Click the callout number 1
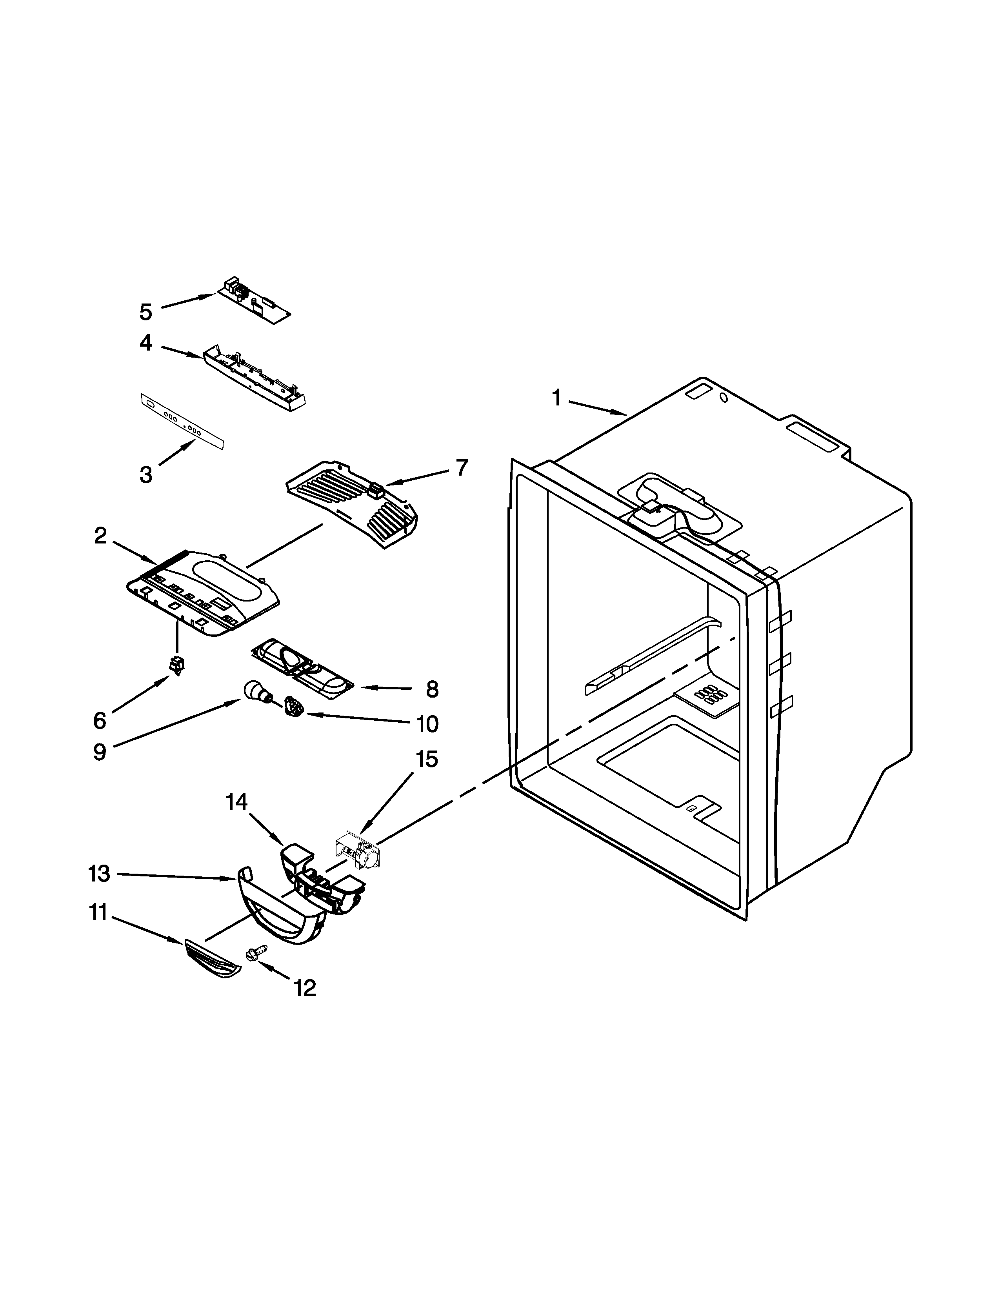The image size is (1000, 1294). click(556, 398)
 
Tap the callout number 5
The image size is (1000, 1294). click(146, 312)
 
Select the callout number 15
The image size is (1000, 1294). click(427, 759)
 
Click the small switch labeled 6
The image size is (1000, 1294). click(176, 666)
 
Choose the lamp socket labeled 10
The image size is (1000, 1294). click(294, 706)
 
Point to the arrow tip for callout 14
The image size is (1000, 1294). click(283, 844)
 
